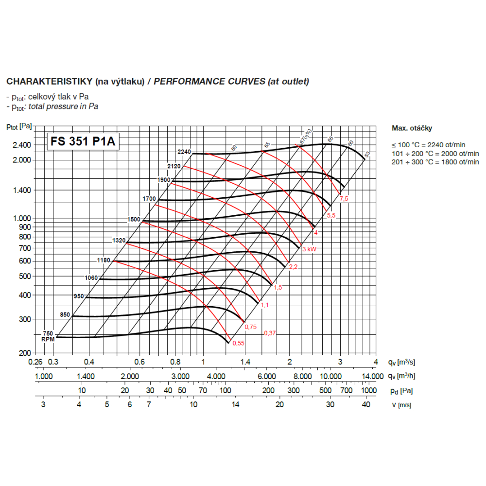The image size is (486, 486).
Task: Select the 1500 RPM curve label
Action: click(x=134, y=219)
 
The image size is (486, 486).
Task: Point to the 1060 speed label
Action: click(x=91, y=278)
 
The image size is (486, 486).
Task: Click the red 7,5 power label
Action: click(x=344, y=199)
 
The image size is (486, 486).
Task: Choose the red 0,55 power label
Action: click(x=239, y=344)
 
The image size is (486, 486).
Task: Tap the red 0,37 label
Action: click(x=270, y=333)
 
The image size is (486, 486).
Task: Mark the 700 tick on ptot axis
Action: click(x=24, y=248)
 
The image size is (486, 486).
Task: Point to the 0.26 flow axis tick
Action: click(x=35, y=362)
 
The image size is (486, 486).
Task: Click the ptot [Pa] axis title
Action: click(x=19, y=127)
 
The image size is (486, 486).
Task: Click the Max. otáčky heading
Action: click(x=412, y=128)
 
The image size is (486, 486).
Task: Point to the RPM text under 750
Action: click(x=48, y=339)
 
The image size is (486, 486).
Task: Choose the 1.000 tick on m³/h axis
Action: click(x=44, y=376)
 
